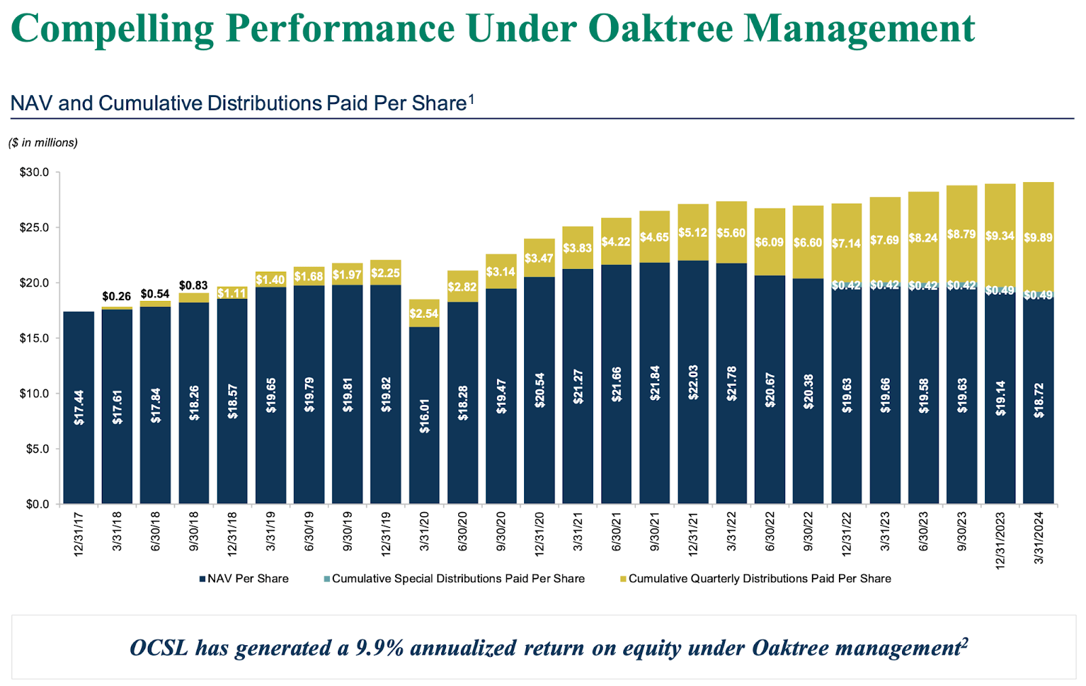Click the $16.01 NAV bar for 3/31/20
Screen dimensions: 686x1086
424,416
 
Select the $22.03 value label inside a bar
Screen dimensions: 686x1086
693,382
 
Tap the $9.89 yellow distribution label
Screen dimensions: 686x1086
1038,238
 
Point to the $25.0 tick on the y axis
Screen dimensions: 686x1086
34,228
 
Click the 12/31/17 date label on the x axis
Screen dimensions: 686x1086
79,535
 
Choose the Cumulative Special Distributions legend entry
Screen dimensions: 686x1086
454,579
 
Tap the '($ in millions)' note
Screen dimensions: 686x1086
43,143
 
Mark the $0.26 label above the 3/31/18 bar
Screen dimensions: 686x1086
117,296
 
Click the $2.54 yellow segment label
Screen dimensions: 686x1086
424,314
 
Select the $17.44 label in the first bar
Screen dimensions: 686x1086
79,408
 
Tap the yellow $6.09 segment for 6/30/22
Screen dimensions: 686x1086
770,242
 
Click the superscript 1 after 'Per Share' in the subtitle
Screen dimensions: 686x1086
471,100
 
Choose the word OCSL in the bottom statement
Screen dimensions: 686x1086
158,648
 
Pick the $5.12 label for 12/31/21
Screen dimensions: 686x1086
693,232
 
